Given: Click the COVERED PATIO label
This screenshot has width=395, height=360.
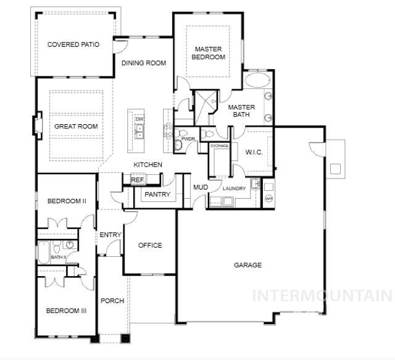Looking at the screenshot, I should pos(73,44).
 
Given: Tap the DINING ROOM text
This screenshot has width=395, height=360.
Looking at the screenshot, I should pos(143,63).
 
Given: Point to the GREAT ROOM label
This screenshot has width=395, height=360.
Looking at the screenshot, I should pos(76,127).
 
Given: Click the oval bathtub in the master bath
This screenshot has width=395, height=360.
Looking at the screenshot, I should pos(257,81).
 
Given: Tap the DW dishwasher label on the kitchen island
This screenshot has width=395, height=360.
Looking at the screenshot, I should pos(139,119).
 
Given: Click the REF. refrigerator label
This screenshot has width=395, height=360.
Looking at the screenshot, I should pos(137,180).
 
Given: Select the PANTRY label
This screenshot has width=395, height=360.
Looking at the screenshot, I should pos(157,195).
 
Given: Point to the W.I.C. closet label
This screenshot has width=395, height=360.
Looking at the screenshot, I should pos(254,152).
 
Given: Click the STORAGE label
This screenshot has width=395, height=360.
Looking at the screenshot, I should pos(220,146).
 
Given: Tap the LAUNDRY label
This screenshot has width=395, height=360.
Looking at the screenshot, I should pos(235,188).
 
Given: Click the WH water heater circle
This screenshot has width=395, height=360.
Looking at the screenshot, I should pos(268,199).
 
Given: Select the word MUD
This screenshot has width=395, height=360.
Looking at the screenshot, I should pos(200,188).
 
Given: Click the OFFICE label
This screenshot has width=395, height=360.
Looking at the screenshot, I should pos(150,245).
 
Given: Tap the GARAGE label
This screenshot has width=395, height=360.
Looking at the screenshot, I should pos(247,265).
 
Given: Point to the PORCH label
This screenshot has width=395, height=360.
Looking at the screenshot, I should pos(112,301).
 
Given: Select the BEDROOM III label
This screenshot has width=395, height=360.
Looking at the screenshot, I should pos(66,311).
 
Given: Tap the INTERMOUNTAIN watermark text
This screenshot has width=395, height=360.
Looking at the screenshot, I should pos(322,295).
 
